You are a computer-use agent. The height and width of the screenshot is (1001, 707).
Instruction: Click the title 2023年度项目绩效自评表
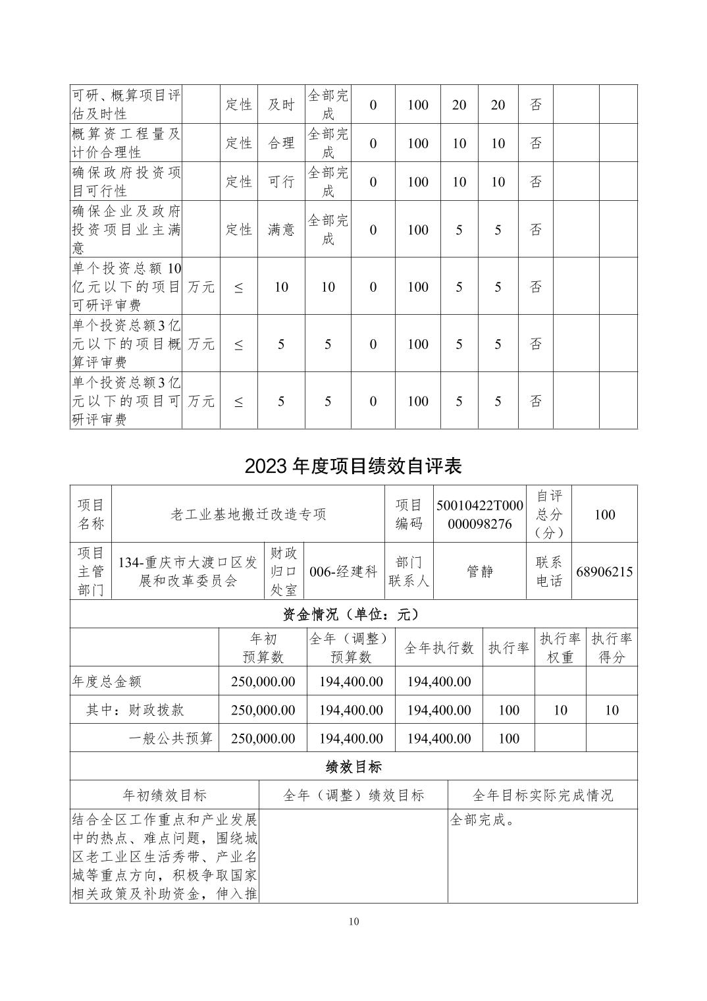tap(353, 466)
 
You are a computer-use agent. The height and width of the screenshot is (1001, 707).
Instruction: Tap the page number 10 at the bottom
tap(353, 921)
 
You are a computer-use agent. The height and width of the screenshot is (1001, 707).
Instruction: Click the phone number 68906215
tap(604, 572)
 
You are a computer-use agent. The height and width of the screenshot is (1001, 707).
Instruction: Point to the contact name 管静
tap(480, 572)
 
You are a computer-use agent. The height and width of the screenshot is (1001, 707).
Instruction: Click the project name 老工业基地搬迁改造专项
tap(248, 514)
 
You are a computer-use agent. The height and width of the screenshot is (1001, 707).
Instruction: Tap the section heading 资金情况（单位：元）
tap(353, 614)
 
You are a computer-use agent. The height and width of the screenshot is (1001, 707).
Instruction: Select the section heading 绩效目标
tap(353, 767)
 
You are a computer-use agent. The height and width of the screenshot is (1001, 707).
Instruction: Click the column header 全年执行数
tap(438, 648)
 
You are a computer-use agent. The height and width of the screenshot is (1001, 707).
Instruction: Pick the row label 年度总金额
tap(107, 682)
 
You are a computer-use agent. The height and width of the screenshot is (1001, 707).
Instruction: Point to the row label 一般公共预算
tap(170, 738)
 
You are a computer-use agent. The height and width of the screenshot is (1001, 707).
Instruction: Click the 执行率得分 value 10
tap(611, 710)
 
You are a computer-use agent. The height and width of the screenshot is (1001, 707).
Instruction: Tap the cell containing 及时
tap(281, 105)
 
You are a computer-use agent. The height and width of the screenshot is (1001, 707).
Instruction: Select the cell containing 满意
tap(281, 230)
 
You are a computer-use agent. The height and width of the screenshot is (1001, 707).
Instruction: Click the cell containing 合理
tap(281, 144)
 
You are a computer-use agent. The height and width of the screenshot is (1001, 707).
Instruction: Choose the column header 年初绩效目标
tap(165, 796)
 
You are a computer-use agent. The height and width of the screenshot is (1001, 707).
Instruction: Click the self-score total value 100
tap(604, 514)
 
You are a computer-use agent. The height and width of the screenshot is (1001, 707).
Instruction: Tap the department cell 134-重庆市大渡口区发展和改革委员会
tap(188, 572)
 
